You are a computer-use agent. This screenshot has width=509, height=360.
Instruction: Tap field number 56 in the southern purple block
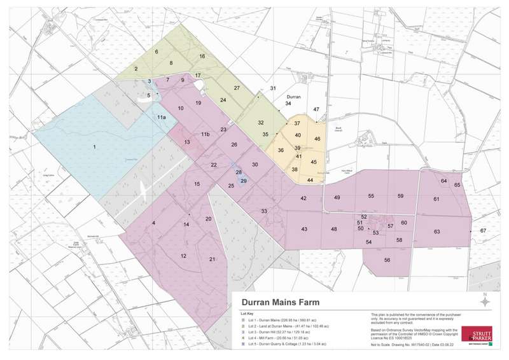click(386, 260)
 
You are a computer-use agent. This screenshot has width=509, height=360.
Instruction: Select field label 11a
click(162, 118)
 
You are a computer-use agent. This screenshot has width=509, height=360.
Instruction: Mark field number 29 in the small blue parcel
click(243, 181)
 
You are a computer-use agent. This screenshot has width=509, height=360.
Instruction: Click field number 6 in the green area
click(157, 52)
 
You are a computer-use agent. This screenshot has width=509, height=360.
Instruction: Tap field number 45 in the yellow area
click(314, 162)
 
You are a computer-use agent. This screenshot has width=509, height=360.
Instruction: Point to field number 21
click(213, 260)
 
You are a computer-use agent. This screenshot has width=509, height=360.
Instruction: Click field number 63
click(437, 232)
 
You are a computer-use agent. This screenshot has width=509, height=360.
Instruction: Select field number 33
click(263, 211)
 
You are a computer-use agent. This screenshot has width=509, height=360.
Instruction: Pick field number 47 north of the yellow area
click(316, 109)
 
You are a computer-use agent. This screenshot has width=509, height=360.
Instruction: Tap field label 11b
click(205, 134)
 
